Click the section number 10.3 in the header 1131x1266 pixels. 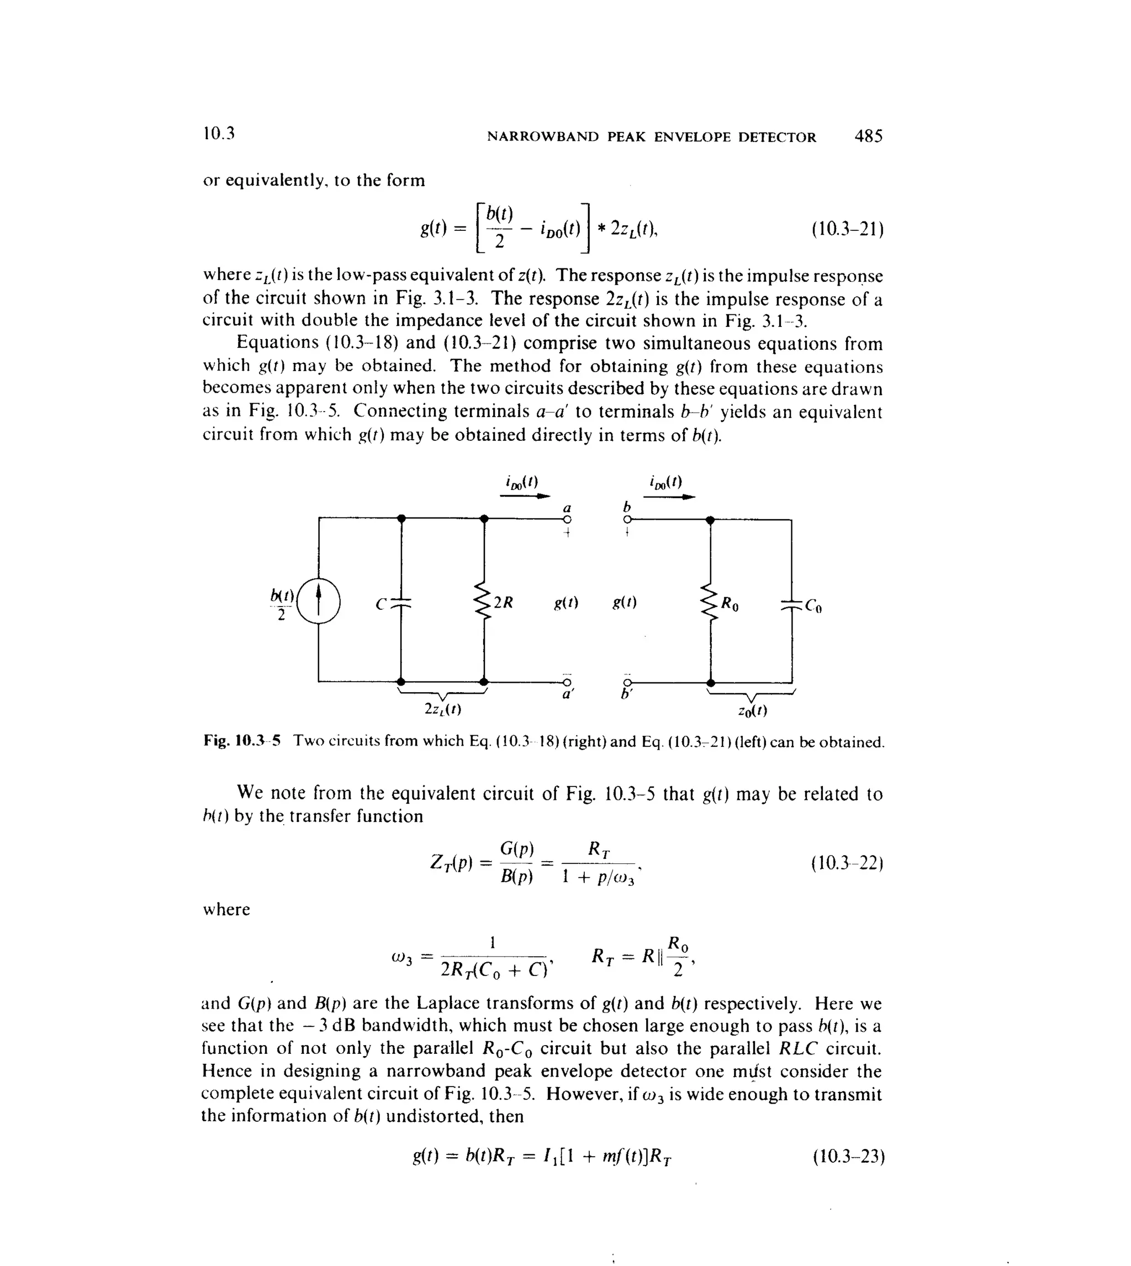click(218, 134)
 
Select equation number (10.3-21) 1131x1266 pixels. click(847, 230)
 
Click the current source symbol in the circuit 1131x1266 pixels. click(318, 601)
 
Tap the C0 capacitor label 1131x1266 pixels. click(813, 605)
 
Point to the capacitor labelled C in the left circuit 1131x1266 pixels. click(401, 603)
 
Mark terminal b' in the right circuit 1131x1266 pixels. click(627, 683)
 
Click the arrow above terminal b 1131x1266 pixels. click(669, 497)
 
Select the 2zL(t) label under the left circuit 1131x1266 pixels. click(442, 709)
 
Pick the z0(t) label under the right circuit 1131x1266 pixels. click(752, 710)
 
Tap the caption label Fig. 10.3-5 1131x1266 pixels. click(242, 741)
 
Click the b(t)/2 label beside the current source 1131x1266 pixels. click(282, 604)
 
